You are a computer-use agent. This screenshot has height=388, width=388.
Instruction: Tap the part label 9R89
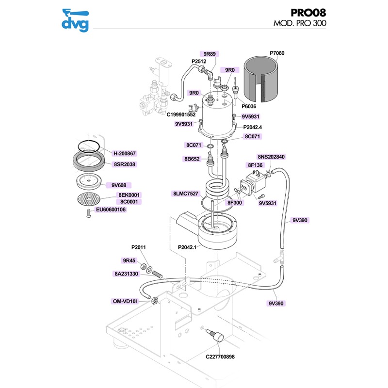pos(210,54)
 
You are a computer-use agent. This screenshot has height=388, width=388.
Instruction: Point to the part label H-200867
pos(125,154)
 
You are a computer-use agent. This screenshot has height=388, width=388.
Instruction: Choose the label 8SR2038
pos(125,164)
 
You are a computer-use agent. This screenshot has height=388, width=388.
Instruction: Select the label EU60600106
pos(111,210)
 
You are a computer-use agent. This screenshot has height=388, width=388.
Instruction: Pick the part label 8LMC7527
pos(185,194)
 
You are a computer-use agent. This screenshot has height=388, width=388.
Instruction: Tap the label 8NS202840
pos(271,157)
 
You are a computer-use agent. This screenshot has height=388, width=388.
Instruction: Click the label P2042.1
pos(189,248)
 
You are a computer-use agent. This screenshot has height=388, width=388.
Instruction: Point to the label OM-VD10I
pos(126,301)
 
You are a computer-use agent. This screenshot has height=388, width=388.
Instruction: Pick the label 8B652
pos(192,159)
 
